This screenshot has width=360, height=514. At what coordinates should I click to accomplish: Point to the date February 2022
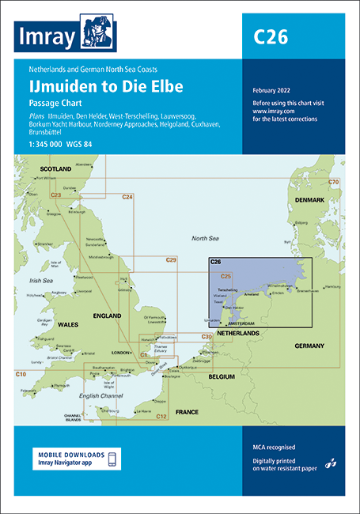271,90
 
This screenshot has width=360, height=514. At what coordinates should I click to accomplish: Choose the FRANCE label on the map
187,412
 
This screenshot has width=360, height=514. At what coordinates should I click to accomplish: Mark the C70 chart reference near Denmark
333,161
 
